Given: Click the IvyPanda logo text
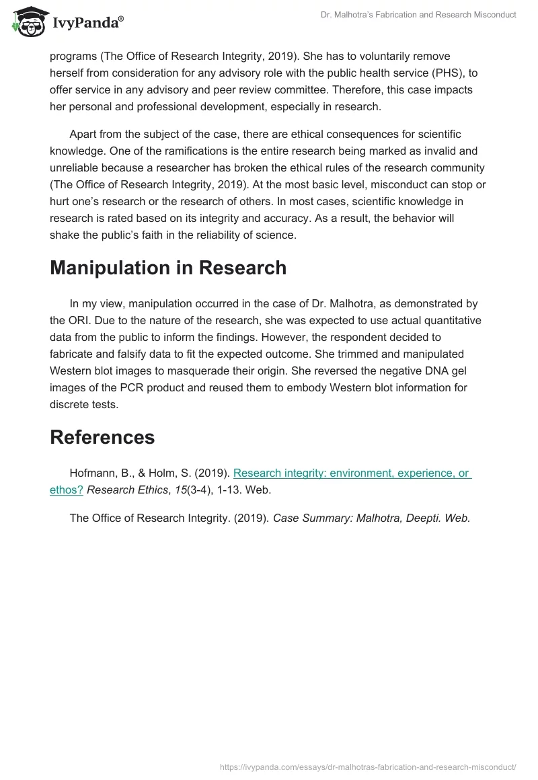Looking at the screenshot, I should (87, 24).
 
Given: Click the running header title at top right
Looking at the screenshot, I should (418, 15).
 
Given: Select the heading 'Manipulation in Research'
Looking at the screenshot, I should (168, 268).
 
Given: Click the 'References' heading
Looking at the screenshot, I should (102, 437).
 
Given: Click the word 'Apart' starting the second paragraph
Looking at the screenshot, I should (83, 134).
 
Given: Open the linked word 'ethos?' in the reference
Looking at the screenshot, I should (67, 490).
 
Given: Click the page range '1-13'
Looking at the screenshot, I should (227, 490).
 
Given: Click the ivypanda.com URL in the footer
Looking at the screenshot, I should (368, 767).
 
